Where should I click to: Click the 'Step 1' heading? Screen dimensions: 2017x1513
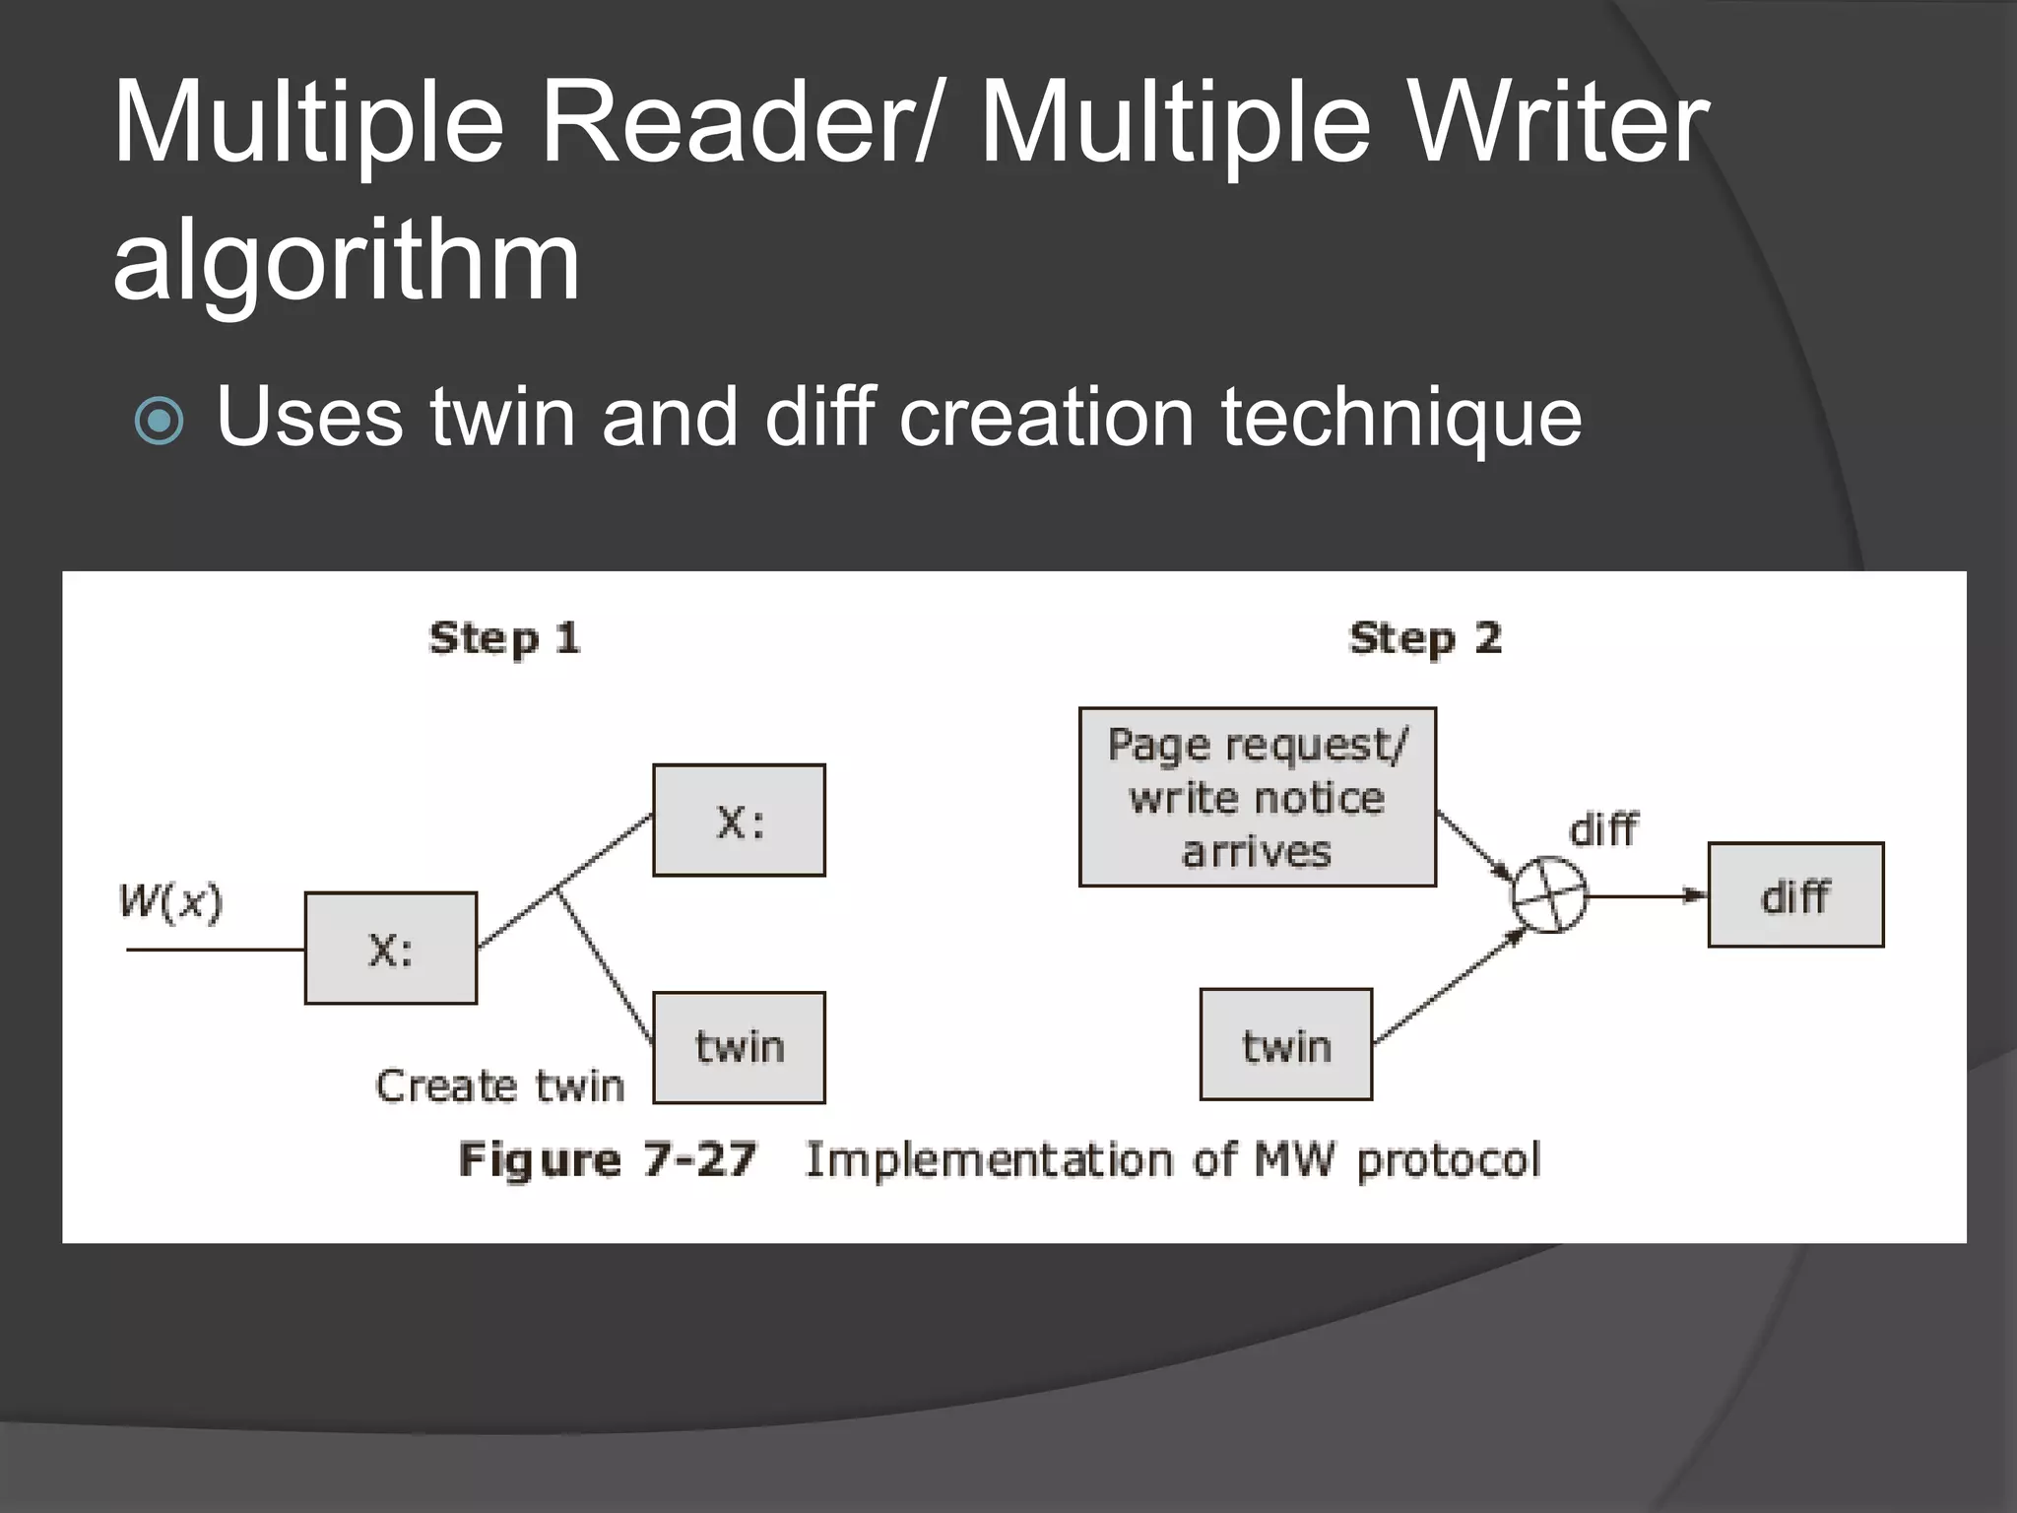pos(504,638)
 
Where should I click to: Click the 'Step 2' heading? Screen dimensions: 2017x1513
pos(1424,638)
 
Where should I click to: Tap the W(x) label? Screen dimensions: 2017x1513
pos(170,901)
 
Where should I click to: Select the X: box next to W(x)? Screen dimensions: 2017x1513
pos(391,949)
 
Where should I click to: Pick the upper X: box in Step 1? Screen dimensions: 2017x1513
pos(739,821)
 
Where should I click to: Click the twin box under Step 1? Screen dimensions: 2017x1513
pos(739,1047)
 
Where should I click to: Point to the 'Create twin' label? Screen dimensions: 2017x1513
pos(499,1085)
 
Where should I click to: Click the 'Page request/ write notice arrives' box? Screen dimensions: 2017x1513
pos(1257,798)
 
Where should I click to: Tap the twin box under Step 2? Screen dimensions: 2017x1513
pos(1285,1045)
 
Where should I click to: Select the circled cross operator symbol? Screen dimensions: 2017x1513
pos(1549,895)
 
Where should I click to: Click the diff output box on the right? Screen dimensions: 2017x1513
pos(1794,895)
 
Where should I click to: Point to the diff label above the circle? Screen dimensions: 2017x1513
pos(1602,829)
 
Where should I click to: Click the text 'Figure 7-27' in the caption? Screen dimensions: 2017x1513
pos(607,1159)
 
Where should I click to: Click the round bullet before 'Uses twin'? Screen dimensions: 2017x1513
pos(159,422)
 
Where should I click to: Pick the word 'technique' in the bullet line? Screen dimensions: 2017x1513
pos(1400,418)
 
